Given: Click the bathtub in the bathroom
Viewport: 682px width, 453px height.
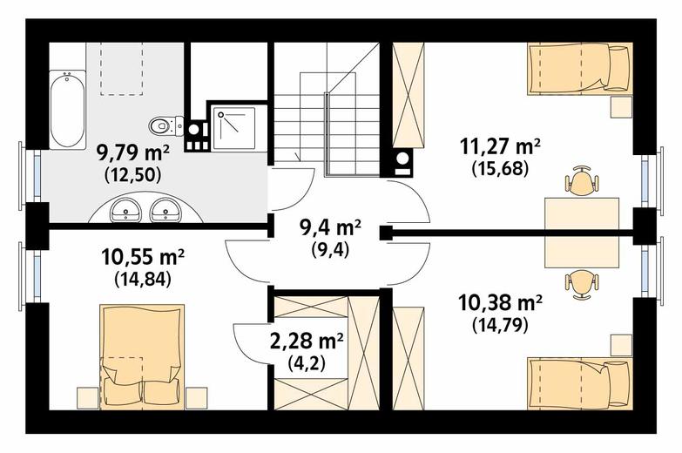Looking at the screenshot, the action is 67,110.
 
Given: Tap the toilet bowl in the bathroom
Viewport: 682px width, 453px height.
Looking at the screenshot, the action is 166,125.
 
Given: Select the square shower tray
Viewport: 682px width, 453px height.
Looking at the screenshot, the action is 234,127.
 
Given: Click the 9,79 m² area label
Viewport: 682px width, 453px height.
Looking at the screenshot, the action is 132,152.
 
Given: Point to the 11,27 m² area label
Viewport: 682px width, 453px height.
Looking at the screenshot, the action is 500,147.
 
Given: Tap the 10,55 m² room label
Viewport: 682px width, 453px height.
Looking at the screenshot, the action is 143,257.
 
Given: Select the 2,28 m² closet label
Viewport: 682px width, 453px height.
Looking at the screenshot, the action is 307,342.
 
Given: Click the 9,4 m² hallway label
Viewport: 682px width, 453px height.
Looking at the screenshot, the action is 331,227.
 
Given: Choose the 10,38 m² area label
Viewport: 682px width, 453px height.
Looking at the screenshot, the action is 500,303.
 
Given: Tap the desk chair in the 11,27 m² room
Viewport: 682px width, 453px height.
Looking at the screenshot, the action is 583,180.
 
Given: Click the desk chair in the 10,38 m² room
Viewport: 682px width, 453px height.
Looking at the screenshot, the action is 583,285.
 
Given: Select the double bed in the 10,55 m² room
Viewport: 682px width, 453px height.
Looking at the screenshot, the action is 142,357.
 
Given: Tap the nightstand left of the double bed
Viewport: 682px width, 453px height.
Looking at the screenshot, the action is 88,398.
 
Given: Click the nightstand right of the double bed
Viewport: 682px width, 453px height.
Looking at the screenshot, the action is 197,398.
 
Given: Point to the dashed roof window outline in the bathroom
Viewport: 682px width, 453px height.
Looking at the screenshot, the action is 122,68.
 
